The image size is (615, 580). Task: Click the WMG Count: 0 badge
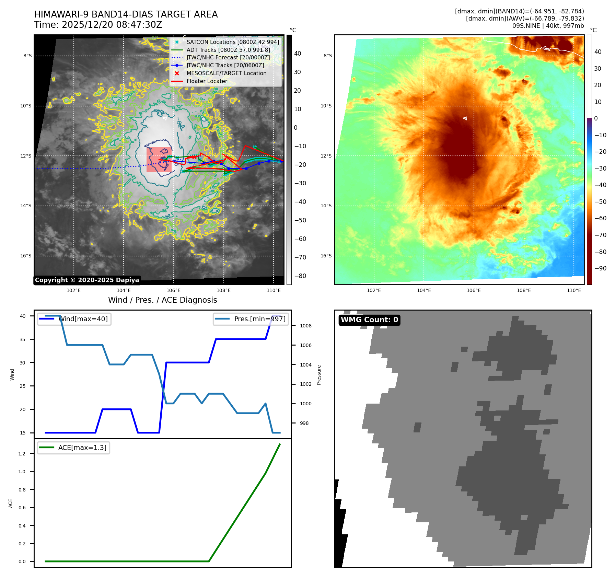tap(369, 320)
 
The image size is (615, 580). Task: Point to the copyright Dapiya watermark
tap(87, 280)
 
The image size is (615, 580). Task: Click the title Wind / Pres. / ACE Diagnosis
tap(162, 300)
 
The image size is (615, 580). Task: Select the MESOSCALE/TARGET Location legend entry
tap(226, 73)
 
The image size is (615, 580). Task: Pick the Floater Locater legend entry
tap(207, 81)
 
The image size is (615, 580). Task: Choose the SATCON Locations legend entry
tap(233, 42)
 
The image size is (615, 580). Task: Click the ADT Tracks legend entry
tap(228, 50)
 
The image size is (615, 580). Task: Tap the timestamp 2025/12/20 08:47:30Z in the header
tap(112, 25)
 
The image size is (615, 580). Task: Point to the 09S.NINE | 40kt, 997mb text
tap(548, 26)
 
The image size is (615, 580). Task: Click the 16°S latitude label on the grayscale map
tap(26, 256)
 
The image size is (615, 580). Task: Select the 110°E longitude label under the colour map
tap(574, 290)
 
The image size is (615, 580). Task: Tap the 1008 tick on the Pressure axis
tap(305, 326)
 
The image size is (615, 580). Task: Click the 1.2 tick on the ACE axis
tap(22, 454)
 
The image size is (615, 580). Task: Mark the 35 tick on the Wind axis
tap(23, 339)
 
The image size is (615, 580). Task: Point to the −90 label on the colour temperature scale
tap(600, 268)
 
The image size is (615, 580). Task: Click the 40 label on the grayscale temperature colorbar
tap(298, 54)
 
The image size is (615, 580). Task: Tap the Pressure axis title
tap(319, 375)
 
